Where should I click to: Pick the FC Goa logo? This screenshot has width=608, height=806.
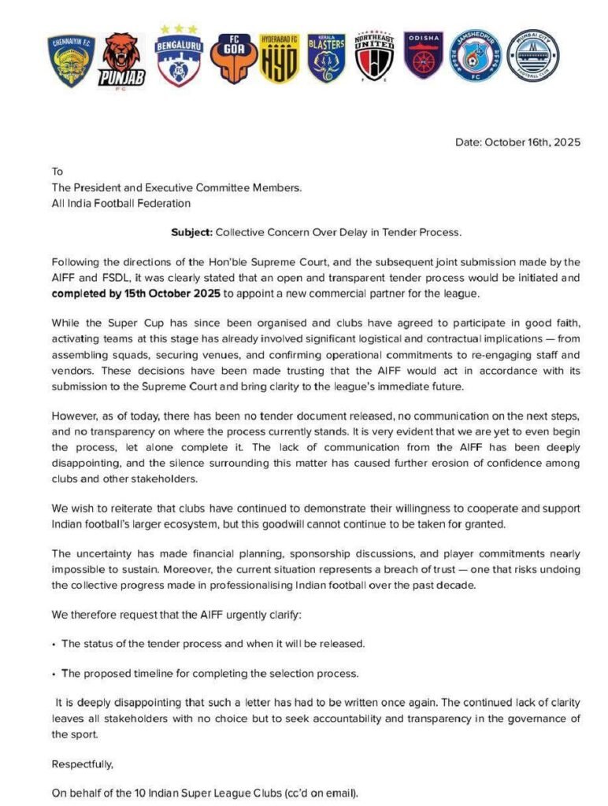click(233, 57)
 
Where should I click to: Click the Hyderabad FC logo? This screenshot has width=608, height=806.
click(279, 57)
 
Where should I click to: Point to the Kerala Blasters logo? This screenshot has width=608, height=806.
click(326, 57)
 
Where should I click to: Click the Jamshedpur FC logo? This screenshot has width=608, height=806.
click(476, 55)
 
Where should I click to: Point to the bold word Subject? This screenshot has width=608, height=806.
click(189, 233)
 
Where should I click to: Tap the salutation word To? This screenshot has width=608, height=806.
click(57, 172)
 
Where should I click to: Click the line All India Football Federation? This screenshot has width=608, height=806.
click(120, 203)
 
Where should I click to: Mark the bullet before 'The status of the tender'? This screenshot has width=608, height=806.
click(54, 645)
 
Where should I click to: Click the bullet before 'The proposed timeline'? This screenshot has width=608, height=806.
click(54, 674)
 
